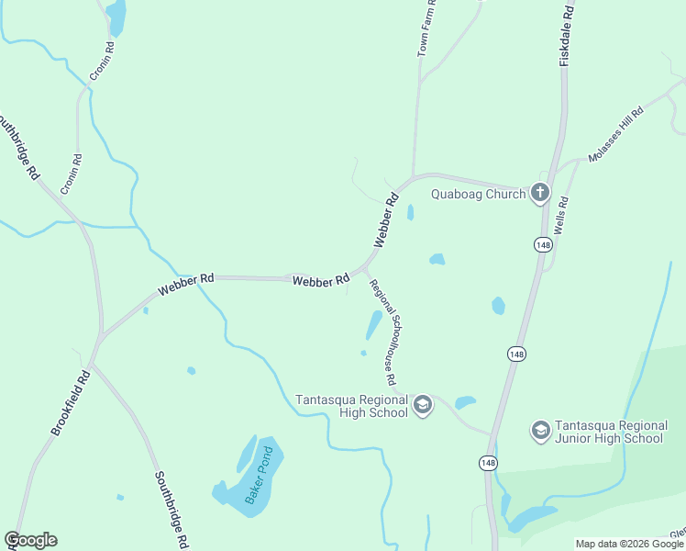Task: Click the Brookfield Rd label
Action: coord(71,402)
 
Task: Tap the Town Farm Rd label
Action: coord(426,29)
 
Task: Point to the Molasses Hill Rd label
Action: coord(616,134)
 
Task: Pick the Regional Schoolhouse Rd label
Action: coord(382,332)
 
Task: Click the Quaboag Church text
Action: coord(479,194)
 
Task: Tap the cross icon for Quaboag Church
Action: coord(540,193)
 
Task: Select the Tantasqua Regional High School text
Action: coord(351,406)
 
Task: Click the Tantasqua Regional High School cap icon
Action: coord(423,404)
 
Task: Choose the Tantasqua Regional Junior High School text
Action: coord(610,432)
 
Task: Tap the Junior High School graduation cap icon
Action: coord(540,430)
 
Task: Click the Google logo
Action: coord(30,540)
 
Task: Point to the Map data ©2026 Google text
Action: coord(629,544)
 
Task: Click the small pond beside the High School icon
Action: coord(465,402)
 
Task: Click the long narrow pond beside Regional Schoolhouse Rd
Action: coord(374,324)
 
